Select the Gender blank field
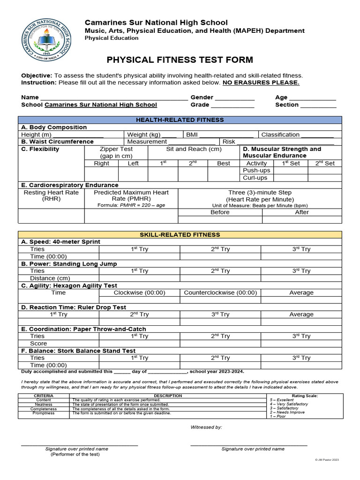tap(234, 97)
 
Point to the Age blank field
tap(313, 97)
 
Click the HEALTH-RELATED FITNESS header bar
tap(180, 120)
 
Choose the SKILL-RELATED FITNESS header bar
tap(180, 234)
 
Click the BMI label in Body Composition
tap(192, 135)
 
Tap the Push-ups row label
tap(255, 171)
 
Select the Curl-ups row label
tap(255, 178)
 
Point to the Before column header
tap(220, 212)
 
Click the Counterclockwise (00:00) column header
tap(220, 292)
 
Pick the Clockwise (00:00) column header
tap(140, 292)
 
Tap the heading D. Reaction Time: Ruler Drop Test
tap(74, 307)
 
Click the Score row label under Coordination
tap(38, 343)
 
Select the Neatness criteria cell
tap(44, 404)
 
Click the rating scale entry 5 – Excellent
tap(282, 400)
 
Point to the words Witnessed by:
tap(206, 427)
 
